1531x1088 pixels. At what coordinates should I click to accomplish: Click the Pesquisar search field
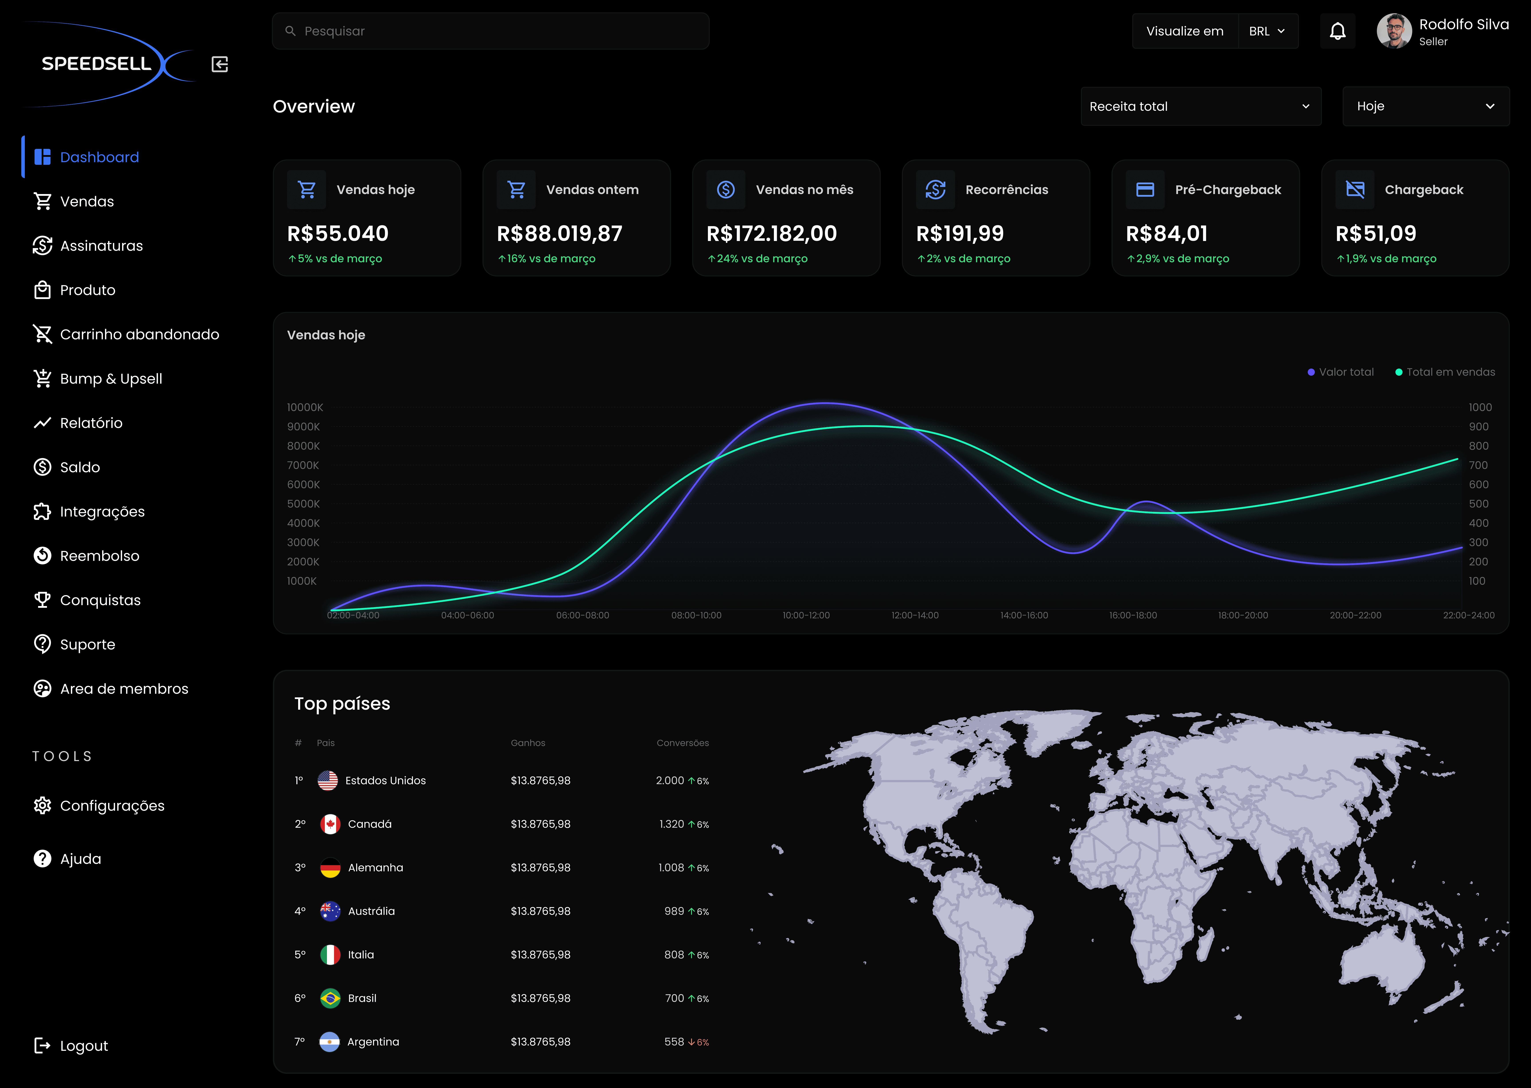pos(490,31)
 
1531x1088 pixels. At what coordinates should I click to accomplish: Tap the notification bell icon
pos(1337,31)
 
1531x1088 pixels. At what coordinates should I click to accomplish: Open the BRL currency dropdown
pos(1268,31)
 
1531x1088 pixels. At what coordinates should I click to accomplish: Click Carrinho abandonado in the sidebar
pos(139,334)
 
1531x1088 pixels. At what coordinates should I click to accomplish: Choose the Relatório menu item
pos(91,423)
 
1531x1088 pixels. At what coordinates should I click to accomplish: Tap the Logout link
pos(84,1046)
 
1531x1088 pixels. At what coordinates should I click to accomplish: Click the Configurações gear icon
pos(42,805)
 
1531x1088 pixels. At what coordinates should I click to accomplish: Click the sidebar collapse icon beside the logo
pos(220,64)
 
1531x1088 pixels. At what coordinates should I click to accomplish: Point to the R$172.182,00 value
pos(771,233)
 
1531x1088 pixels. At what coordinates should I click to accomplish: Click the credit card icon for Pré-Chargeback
pos(1145,190)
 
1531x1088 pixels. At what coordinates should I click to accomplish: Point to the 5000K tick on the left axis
pos(303,504)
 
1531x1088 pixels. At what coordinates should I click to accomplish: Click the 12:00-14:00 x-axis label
pos(915,615)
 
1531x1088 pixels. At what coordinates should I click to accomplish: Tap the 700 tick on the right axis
pos(1478,465)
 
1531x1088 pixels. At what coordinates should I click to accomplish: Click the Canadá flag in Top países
pos(330,824)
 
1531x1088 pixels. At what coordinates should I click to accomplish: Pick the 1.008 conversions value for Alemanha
pos(671,868)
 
